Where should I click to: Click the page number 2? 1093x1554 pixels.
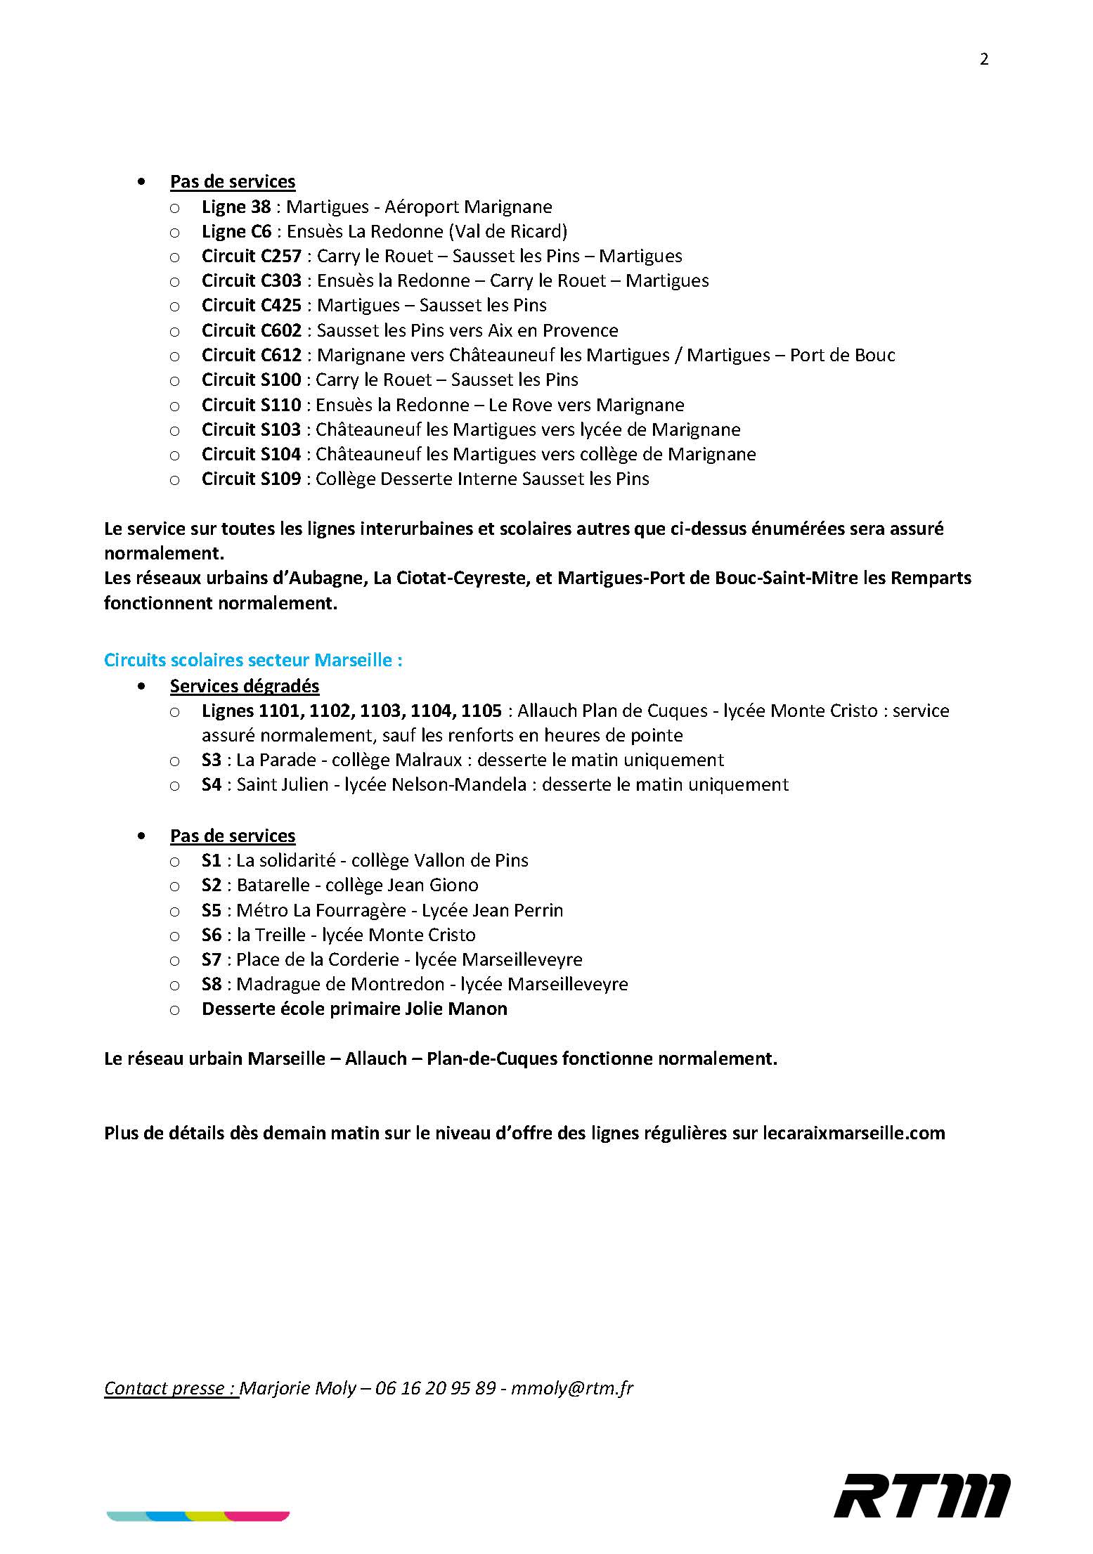coord(983,60)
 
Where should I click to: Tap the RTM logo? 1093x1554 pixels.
coord(922,1495)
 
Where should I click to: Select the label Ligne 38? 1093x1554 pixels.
coord(235,207)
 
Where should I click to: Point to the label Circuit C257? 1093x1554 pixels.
coord(251,256)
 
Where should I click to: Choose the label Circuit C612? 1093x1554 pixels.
coord(251,355)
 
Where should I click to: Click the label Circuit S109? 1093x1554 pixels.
coord(251,479)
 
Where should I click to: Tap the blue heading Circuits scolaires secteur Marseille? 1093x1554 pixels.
coord(252,660)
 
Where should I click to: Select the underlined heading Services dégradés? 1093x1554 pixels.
coord(245,686)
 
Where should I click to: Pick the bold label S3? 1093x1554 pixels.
coord(211,760)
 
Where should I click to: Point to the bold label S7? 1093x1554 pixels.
coord(211,959)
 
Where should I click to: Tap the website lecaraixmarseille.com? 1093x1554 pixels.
coord(853,1133)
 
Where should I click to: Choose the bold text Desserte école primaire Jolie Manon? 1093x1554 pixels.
coord(354,1009)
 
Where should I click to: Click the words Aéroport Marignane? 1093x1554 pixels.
coord(468,207)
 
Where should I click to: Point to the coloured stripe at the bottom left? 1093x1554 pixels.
coord(198,1515)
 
